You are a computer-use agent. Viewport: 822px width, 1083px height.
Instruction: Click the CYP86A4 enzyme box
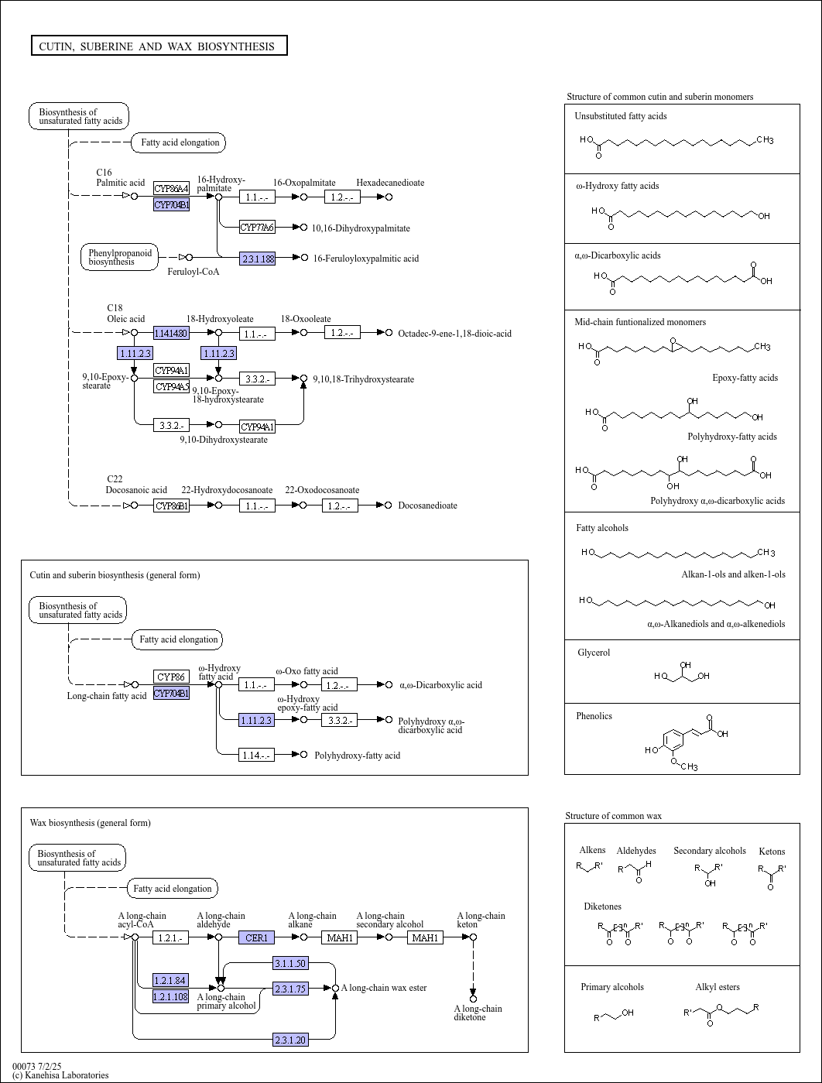[x=171, y=188]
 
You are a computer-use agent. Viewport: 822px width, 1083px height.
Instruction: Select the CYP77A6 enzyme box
[x=257, y=227]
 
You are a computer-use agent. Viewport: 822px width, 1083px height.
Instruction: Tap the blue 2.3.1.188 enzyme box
[x=257, y=258]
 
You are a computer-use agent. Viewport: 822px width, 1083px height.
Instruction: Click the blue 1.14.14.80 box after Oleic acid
[x=171, y=333]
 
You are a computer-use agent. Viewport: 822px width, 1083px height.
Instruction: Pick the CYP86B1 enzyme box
[x=171, y=506]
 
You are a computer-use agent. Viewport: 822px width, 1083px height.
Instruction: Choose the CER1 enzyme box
[x=256, y=937]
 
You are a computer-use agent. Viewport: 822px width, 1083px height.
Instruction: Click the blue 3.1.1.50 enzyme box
[x=290, y=963]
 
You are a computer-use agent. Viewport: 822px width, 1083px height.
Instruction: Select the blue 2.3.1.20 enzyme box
[x=290, y=1040]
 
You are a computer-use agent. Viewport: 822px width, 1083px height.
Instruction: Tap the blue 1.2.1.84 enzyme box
[x=170, y=980]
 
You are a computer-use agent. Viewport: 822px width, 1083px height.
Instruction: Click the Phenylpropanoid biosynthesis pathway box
[x=119, y=257]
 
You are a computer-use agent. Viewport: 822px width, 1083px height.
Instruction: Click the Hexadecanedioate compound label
[x=390, y=183]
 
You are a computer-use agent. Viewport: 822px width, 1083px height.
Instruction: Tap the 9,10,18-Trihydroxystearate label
[x=364, y=379]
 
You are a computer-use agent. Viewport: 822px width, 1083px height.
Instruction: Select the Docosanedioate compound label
[x=427, y=506]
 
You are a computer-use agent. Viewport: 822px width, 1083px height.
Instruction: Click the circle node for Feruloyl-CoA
[x=190, y=258]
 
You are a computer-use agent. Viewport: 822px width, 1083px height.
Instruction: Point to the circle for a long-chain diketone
[x=474, y=999]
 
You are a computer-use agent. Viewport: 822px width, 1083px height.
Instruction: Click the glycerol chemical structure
[x=682, y=672]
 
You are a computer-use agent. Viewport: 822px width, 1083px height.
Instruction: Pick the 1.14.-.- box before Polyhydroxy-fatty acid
[x=256, y=755]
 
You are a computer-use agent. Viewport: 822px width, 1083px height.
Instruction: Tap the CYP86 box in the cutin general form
[x=171, y=677]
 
